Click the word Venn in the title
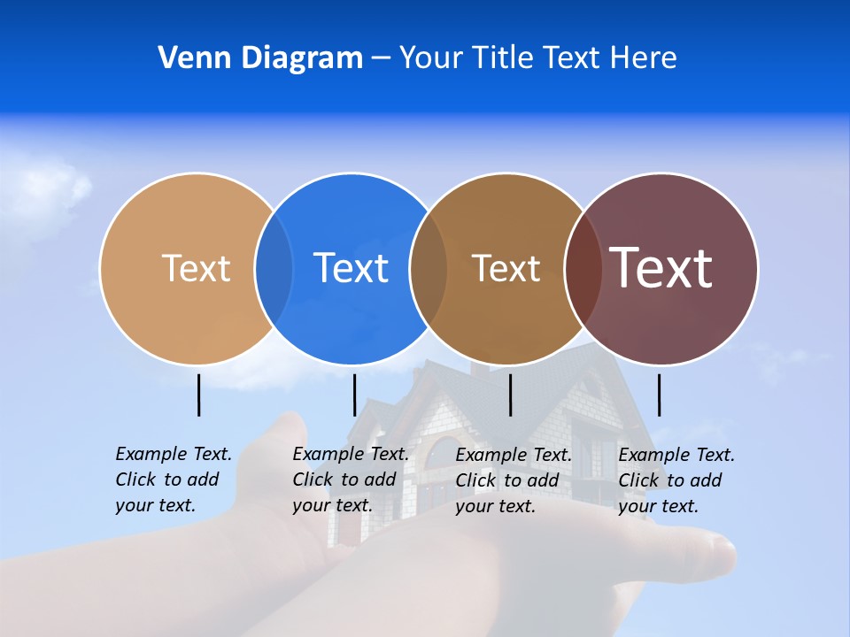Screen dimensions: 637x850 click(x=189, y=58)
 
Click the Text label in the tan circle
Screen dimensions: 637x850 click(x=196, y=268)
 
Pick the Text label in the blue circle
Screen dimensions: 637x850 click(x=351, y=268)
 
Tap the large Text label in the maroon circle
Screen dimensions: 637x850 click(x=661, y=268)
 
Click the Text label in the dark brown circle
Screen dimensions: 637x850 click(x=506, y=268)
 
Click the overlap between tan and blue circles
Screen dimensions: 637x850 click(x=274, y=269)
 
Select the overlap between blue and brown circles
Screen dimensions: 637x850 click(x=429, y=269)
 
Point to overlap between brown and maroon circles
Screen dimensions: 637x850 click(x=583, y=269)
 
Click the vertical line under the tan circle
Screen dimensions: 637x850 click(x=199, y=395)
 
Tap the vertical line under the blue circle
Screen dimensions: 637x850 click(x=354, y=395)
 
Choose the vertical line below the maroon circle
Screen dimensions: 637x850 click(x=659, y=395)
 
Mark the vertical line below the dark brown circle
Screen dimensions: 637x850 click(x=511, y=395)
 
